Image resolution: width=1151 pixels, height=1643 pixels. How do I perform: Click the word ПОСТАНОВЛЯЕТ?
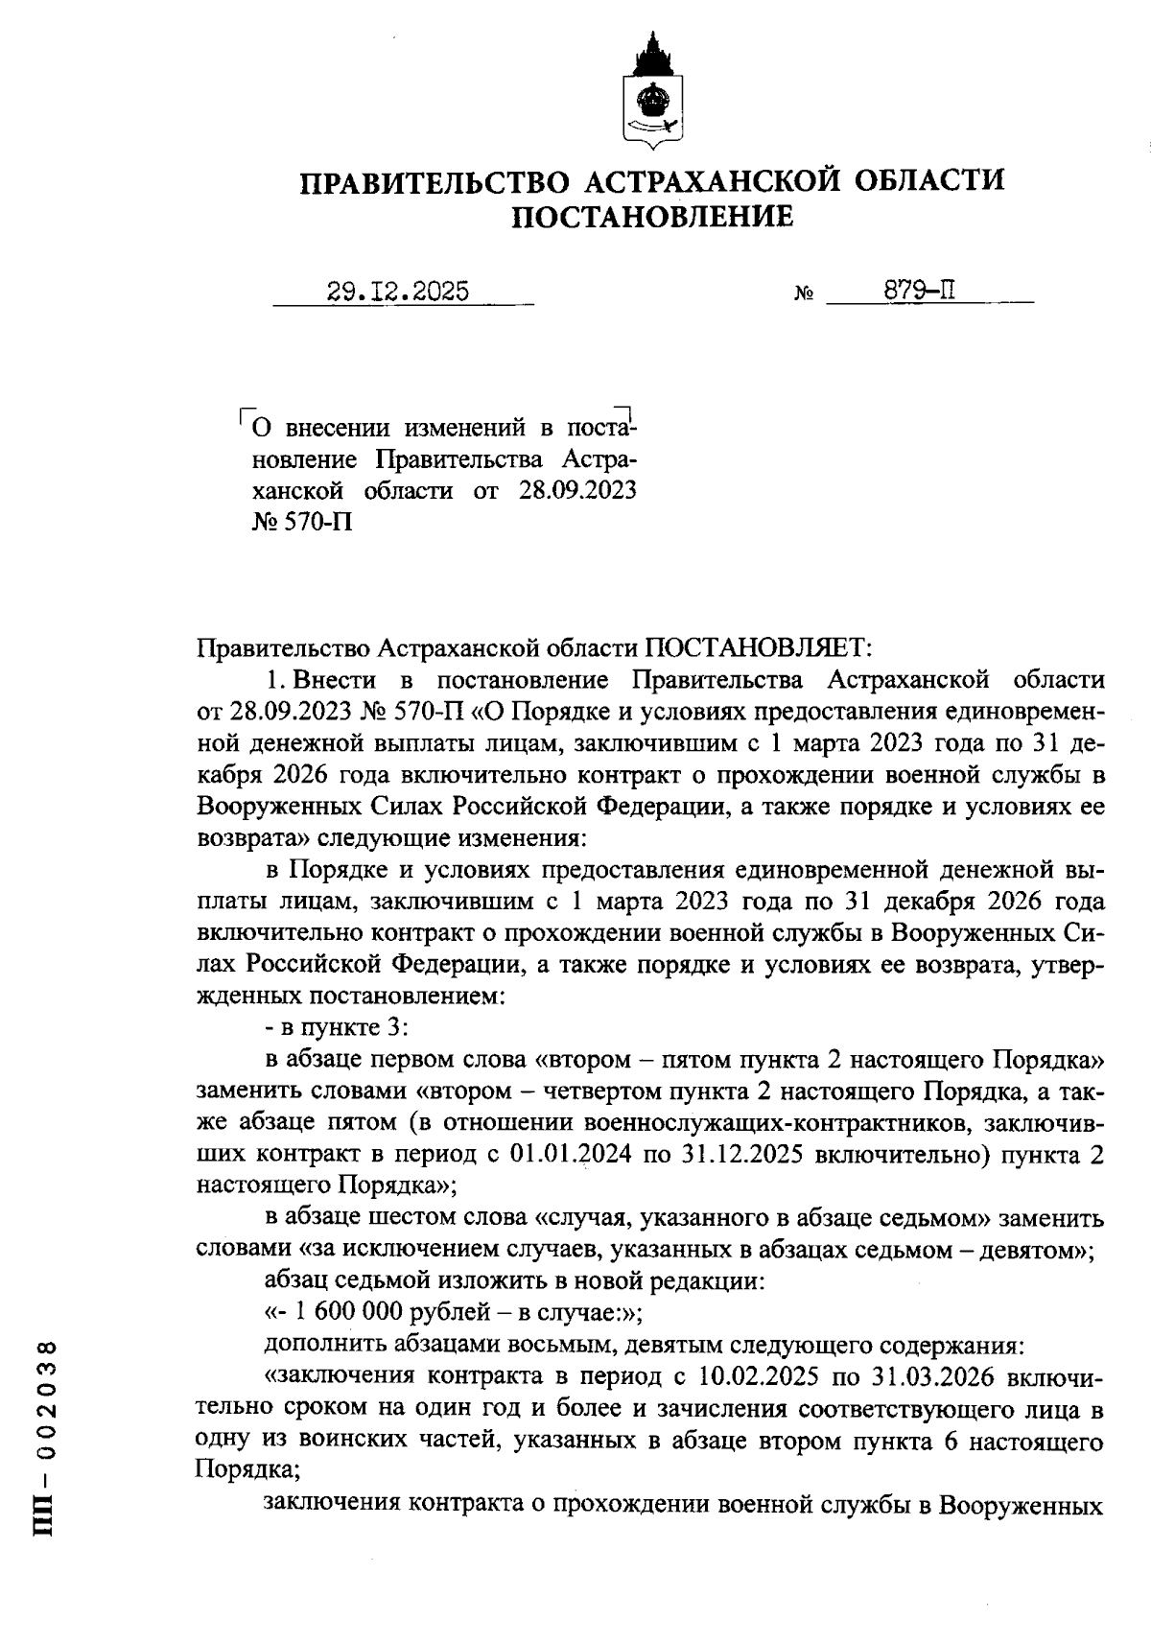pyautogui.click(x=756, y=648)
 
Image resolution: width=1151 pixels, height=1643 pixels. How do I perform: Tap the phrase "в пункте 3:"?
pyautogui.click(x=338, y=1027)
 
